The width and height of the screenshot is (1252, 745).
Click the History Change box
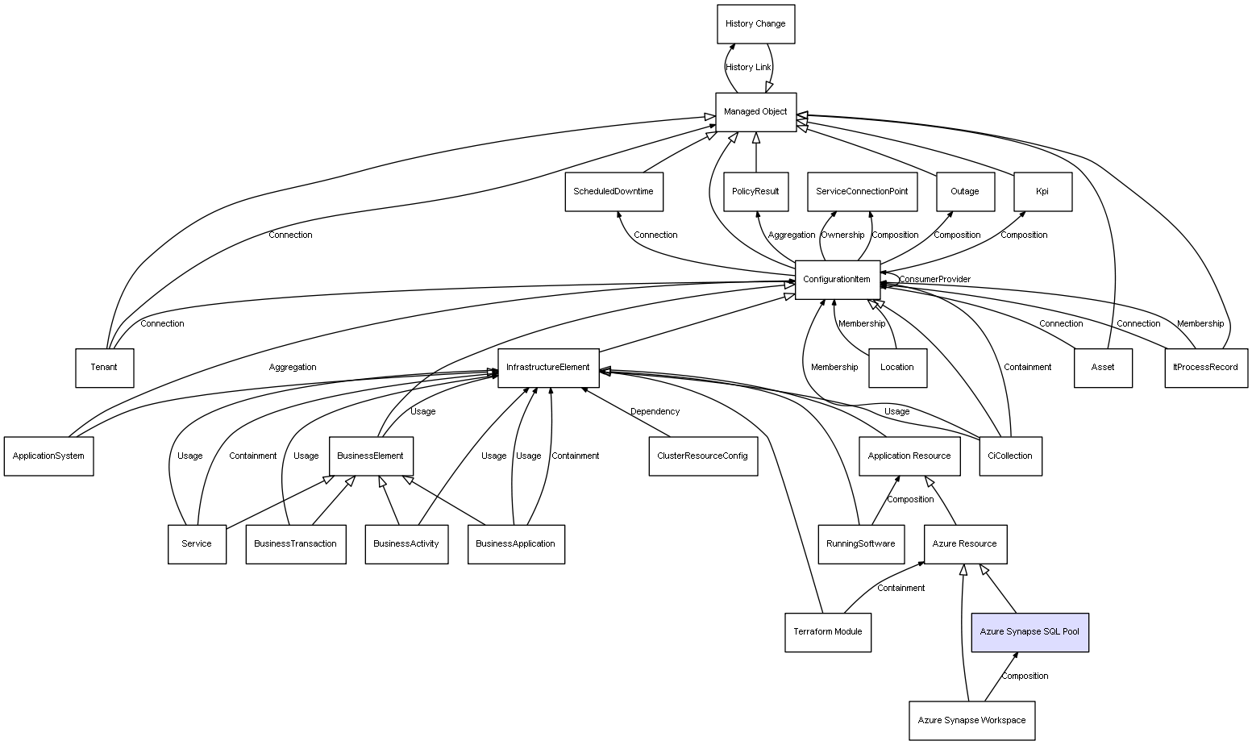click(755, 24)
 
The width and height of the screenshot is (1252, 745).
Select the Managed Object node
click(755, 112)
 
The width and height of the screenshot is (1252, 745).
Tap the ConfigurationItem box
click(837, 280)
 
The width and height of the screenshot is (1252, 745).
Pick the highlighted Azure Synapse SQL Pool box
click(1029, 632)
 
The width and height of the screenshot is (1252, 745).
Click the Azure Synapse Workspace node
click(971, 720)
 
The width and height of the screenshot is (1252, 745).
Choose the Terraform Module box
click(827, 632)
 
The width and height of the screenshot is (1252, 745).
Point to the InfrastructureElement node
click(548, 368)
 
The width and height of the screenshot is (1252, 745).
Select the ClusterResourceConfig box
click(702, 456)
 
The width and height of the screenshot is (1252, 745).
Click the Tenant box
click(104, 368)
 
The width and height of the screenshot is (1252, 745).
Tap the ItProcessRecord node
click(1205, 368)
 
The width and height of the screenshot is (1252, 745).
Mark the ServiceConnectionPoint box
click(862, 192)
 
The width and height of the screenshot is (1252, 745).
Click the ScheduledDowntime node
click(614, 192)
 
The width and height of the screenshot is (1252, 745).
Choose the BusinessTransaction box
click(295, 544)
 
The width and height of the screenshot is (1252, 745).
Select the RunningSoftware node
click(860, 544)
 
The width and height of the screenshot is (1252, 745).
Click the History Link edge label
click(748, 68)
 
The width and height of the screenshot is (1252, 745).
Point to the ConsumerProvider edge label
click(934, 280)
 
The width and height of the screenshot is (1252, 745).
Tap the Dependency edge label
click(655, 412)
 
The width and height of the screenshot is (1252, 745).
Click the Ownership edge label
click(842, 235)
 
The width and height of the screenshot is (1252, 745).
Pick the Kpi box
click(1042, 192)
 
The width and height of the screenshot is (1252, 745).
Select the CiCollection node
click(1010, 456)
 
